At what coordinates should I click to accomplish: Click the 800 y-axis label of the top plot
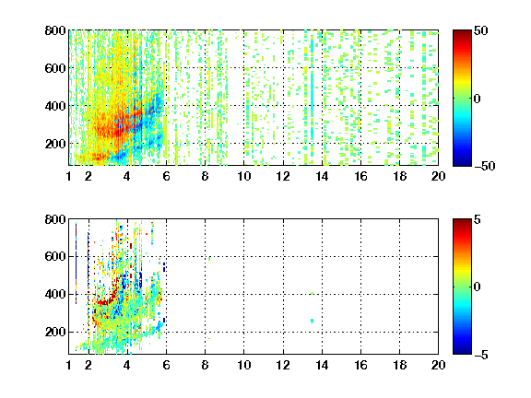click(x=55, y=30)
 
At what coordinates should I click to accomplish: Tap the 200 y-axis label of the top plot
click(x=55, y=144)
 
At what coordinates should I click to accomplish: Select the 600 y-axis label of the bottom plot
click(x=55, y=256)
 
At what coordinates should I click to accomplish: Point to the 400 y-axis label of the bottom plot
click(x=55, y=294)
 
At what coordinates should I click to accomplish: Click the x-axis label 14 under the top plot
click(x=322, y=176)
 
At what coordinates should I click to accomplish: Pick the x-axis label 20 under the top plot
click(x=438, y=176)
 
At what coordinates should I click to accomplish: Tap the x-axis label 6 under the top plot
click(x=166, y=176)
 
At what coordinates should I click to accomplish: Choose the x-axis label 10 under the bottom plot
click(x=243, y=365)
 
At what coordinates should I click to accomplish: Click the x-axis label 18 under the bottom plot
click(x=399, y=365)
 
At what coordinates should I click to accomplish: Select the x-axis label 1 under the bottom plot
click(x=69, y=365)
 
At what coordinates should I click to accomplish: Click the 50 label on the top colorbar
click(x=480, y=30)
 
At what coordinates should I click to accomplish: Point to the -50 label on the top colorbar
click(x=484, y=166)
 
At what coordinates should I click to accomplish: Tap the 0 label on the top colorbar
click(x=477, y=99)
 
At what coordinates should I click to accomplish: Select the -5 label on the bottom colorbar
click(x=481, y=355)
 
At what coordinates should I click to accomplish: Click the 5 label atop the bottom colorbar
click(x=478, y=219)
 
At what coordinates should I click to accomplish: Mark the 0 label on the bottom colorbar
click(x=477, y=287)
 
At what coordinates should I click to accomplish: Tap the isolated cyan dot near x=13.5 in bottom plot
click(x=312, y=321)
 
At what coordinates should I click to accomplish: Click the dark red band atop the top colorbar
click(x=462, y=34)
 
